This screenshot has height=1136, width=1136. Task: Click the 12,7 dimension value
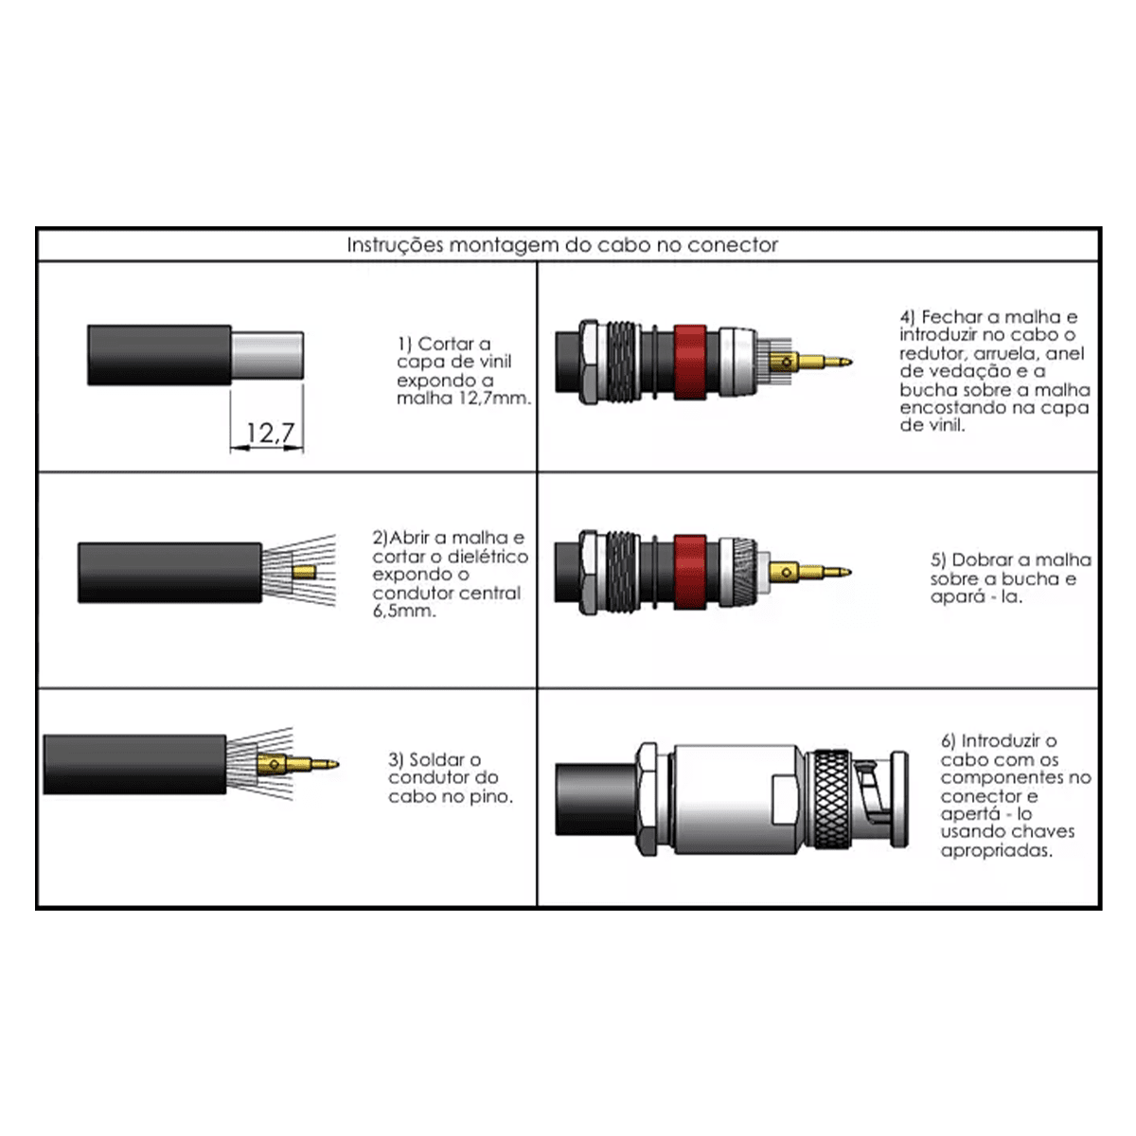270,434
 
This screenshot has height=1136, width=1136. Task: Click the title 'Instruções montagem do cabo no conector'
562,245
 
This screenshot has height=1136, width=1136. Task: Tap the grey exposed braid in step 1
267,356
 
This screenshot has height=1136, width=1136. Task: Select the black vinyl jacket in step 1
159,356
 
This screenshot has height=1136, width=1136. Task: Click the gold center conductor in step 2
304,572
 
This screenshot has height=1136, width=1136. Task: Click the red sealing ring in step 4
691,361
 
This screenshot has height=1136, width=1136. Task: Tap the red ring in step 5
691,572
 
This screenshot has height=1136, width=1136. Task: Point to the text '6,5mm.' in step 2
404,612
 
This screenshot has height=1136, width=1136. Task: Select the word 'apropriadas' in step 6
996,850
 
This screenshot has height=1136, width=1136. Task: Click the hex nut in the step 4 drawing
588,361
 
